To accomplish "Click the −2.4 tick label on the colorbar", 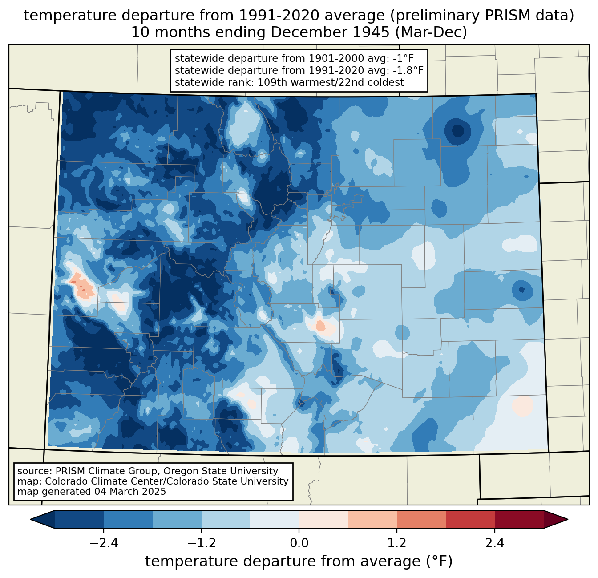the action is tap(104, 543).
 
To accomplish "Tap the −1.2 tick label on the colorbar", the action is tap(202, 543).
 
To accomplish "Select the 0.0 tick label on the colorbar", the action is tap(299, 543).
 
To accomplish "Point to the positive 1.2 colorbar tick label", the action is tap(397, 543).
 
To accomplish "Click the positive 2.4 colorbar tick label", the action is tap(495, 543).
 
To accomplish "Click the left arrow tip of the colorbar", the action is tap(30, 519).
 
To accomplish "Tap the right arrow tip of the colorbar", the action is tap(568, 519).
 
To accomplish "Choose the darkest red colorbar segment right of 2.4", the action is tap(519, 519).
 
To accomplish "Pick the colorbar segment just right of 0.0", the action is tap(323, 519).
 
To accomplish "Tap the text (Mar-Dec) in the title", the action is tap(431, 32).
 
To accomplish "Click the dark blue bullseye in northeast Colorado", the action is tap(457, 131).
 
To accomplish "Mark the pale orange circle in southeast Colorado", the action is tap(523, 406).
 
